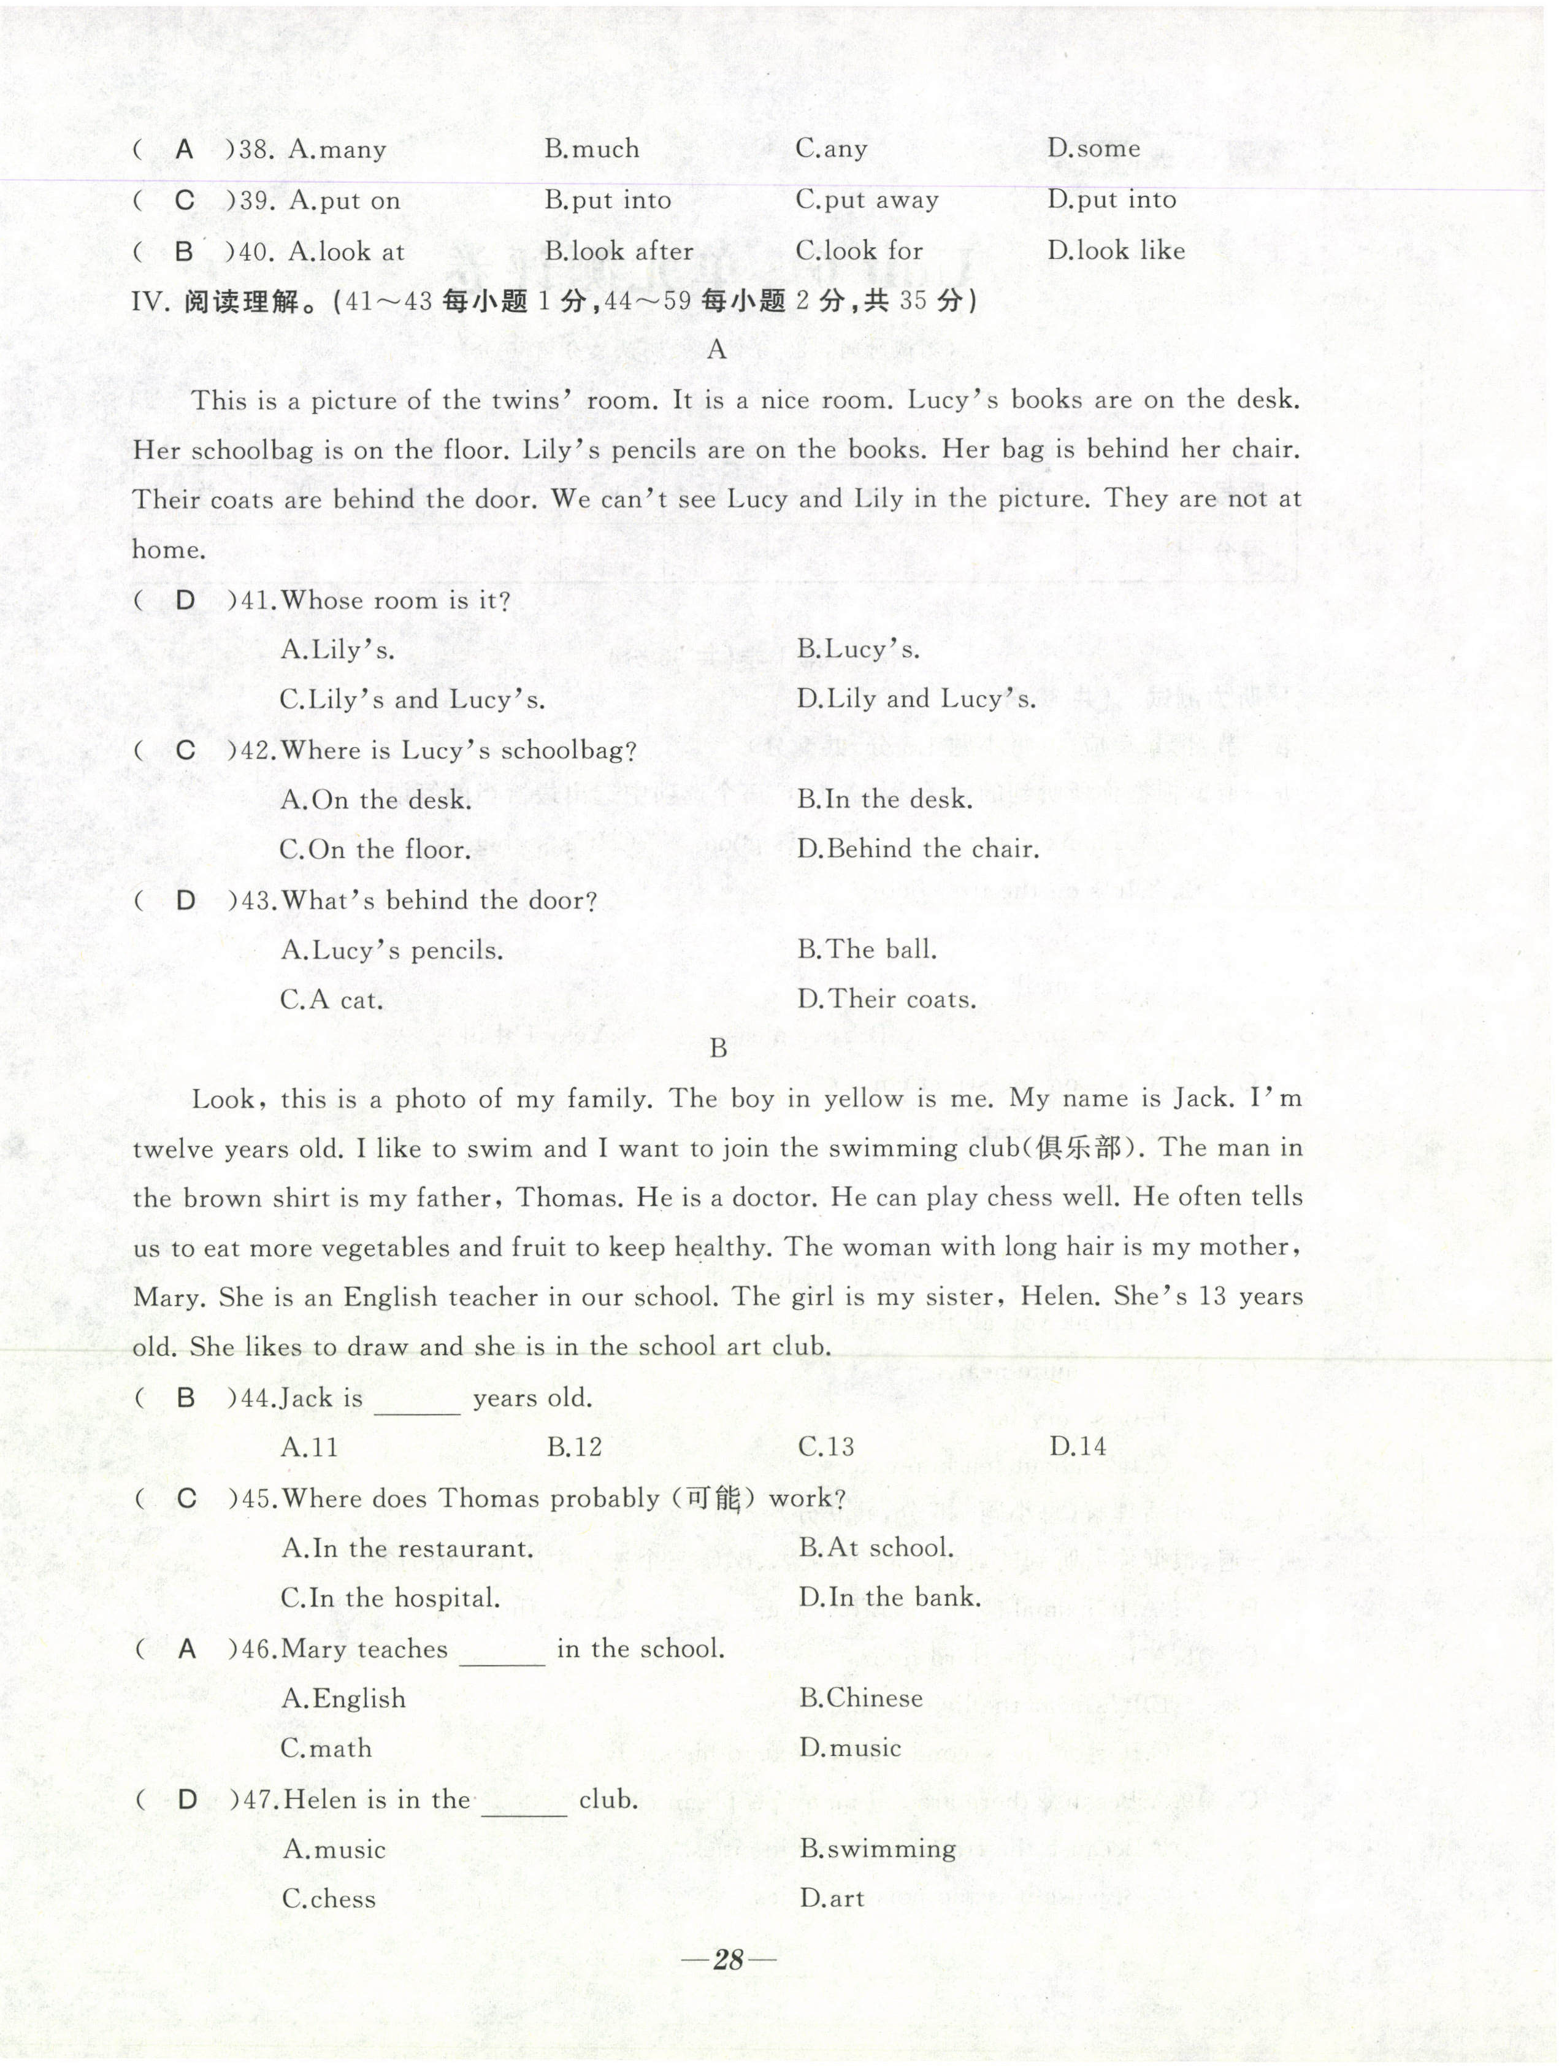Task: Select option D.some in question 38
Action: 1093,149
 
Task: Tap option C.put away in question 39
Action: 867,201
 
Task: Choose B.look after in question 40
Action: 619,251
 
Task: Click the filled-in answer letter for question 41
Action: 185,601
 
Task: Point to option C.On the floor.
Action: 374,849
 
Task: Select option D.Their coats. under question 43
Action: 886,1000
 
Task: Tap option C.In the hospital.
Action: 390,1598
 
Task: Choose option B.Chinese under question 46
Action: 861,1698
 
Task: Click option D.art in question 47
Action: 832,1899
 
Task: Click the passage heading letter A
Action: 717,350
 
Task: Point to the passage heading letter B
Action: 718,1049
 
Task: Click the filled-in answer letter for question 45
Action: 186,1498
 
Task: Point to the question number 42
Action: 253,751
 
